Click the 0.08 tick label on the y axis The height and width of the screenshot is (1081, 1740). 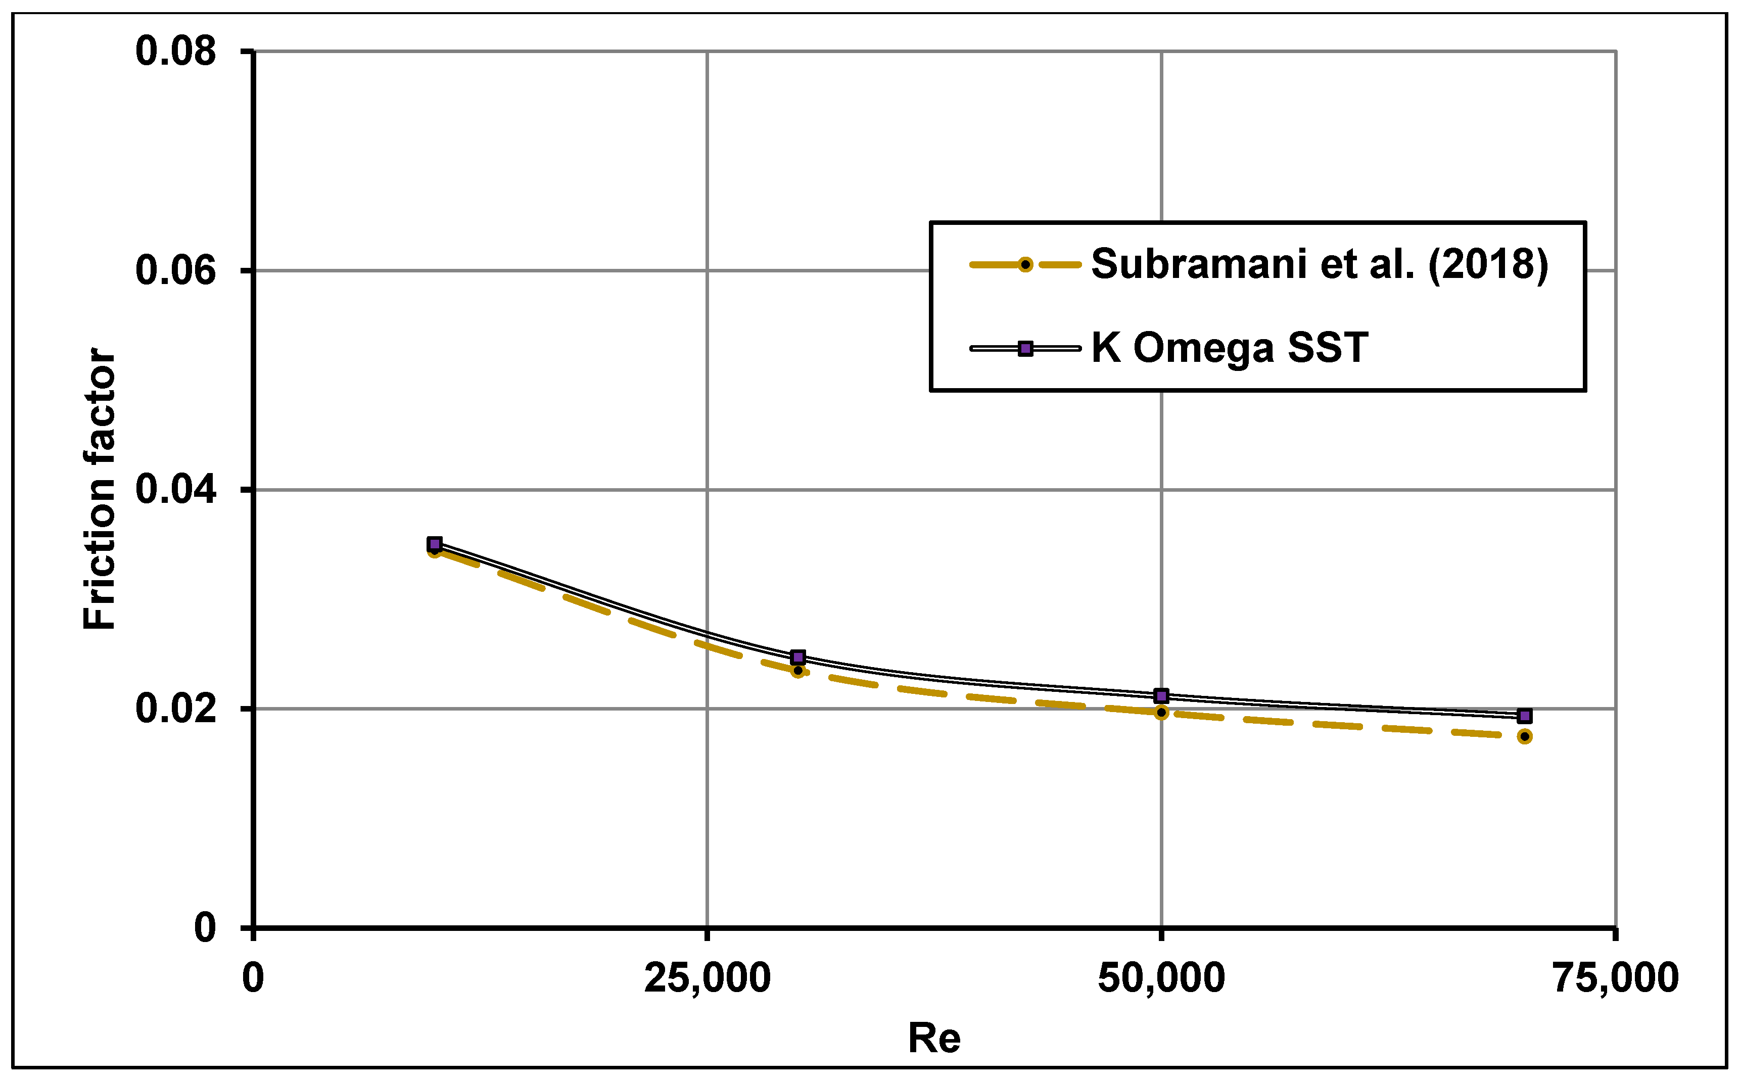(176, 52)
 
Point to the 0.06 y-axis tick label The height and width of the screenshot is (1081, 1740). (176, 270)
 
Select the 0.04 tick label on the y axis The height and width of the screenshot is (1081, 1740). (176, 490)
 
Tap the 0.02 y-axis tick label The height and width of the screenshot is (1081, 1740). (176, 709)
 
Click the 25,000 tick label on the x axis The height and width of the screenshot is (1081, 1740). (707, 978)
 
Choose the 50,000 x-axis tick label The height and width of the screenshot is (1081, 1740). (1161, 978)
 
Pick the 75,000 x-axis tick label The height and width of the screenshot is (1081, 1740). (1615, 978)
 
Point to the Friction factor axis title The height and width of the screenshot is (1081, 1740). (100, 489)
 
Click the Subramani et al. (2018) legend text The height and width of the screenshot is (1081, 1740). (1319, 264)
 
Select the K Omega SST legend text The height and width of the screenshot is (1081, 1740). (1229, 348)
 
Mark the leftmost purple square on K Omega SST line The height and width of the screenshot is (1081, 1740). (435, 545)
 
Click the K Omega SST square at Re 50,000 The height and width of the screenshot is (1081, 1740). (1161, 695)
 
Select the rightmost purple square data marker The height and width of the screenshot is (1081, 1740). (1524, 716)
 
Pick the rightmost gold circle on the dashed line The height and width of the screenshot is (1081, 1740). (1524, 736)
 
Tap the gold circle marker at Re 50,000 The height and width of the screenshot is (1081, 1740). (1161, 712)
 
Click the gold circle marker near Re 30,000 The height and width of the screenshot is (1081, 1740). (798, 671)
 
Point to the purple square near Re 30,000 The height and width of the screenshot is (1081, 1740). (798, 657)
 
